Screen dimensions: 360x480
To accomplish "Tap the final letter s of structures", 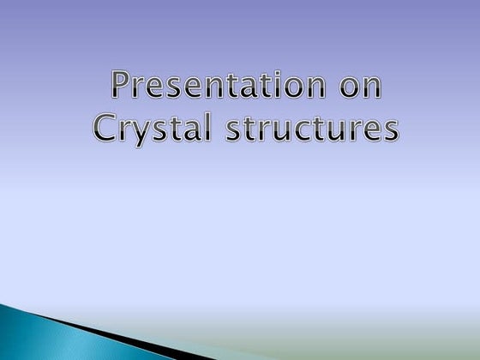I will [x=391, y=133].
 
